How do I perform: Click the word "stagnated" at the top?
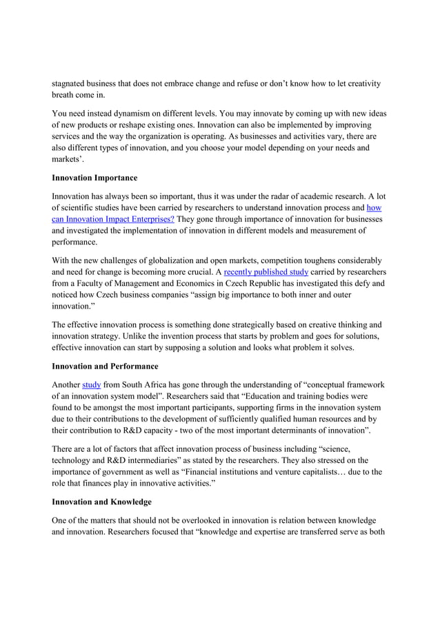coord(72,83)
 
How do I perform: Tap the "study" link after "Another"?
coord(92,384)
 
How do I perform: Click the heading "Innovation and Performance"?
coord(106,366)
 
